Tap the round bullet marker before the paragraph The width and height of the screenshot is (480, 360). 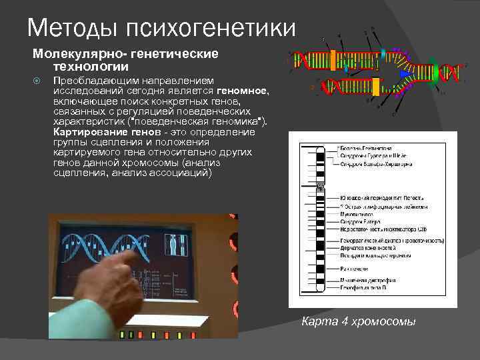[x=37, y=80]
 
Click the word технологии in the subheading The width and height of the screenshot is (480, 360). [x=84, y=67]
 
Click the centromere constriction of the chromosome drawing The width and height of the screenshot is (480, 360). [x=320, y=186]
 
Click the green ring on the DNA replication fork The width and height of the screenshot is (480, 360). [x=434, y=71]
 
